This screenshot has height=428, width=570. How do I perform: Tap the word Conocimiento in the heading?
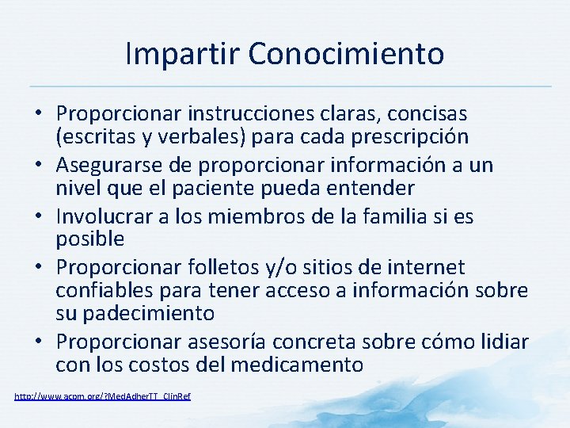(x=346, y=55)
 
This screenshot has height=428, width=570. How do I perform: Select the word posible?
(x=89, y=239)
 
